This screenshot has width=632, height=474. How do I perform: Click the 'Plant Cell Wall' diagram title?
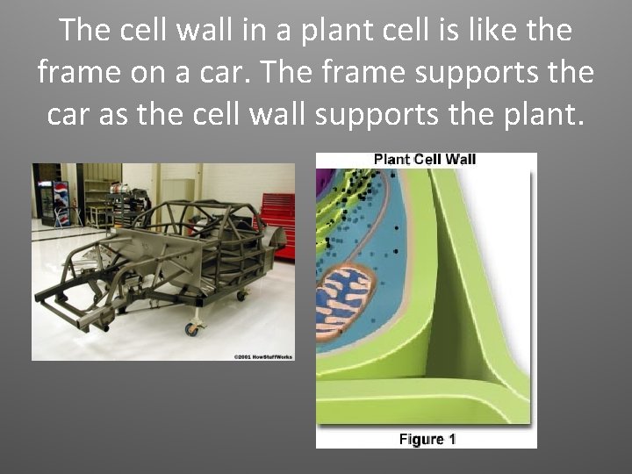coord(425,160)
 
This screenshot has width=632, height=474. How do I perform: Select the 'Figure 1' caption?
coord(427,439)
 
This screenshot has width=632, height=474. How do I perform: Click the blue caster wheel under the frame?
coord(190,329)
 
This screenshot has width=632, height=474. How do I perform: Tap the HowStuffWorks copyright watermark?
coord(263,355)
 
